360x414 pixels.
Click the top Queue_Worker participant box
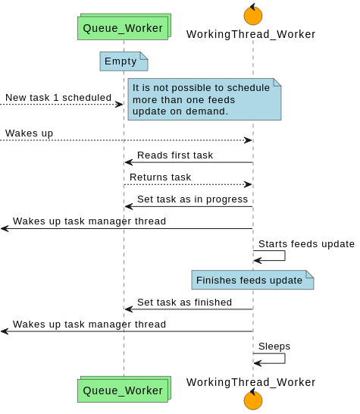(123, 28)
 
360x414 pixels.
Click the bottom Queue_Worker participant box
(123, 390)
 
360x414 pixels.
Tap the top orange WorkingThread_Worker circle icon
(253, 15)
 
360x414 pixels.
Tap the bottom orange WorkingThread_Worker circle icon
(253, 400)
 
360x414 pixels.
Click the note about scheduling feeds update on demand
(203, 99)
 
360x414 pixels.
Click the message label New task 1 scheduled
(58, 98)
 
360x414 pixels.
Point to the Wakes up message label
(29, 133)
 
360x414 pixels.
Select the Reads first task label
(175, 155)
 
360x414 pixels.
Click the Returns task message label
(160, 177)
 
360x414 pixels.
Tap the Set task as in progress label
(193, 199)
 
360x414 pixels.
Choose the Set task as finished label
(184, 302)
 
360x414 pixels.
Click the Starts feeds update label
(306, 244)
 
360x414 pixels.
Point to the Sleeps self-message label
(274, 347)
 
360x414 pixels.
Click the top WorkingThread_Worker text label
(251, 34)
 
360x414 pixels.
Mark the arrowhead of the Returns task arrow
(248, 184)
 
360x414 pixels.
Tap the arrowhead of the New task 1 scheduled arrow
(119, 105)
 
